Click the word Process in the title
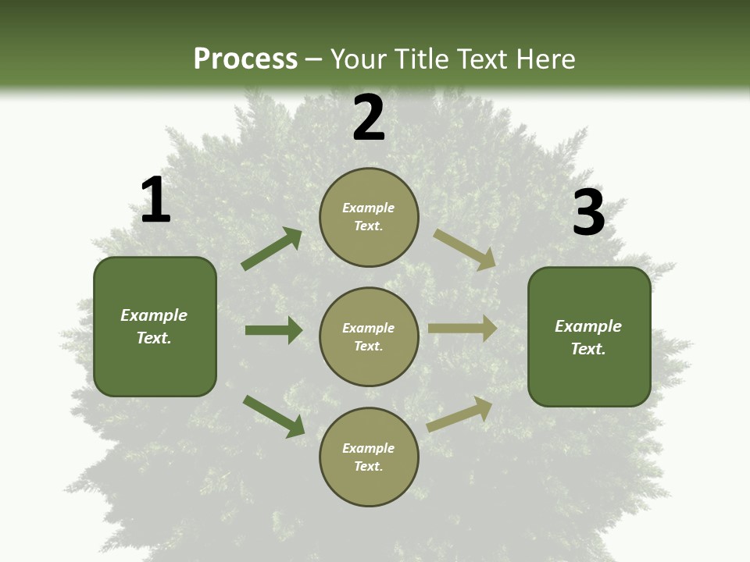(245, 59)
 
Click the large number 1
(155, 201)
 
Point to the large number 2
(369, 119)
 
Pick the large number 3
(588, 213)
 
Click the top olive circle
(369, 217)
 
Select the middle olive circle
(369, 336)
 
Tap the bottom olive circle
(369, 457)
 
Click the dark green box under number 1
(155, 326)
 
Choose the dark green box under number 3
(589, 336)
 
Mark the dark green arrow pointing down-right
(274, 416)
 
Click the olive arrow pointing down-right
(465, 250)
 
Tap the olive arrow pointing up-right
(460, 414)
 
